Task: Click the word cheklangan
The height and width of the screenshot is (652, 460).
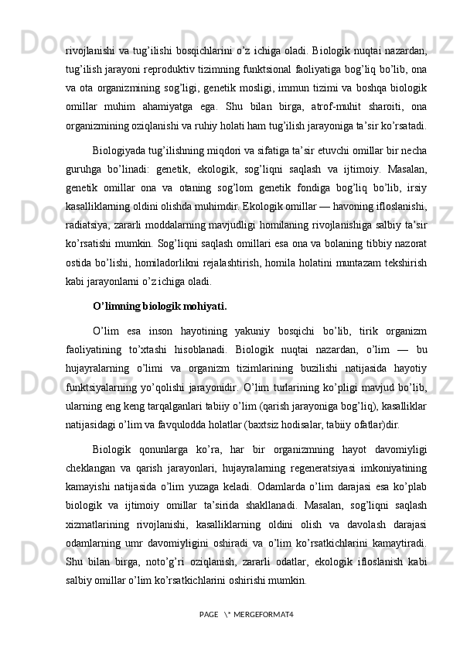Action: pos(91,468)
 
